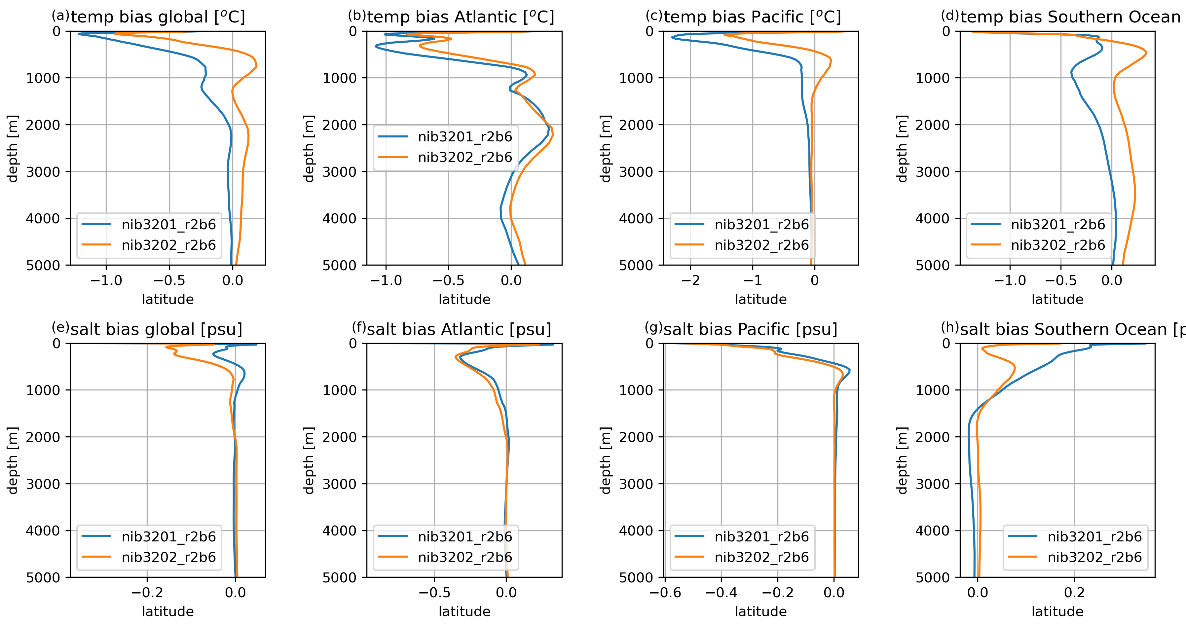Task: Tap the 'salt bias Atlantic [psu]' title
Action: click(459, 329)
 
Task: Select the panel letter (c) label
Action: click(653, 15)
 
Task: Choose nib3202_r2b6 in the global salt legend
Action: click(168, 557)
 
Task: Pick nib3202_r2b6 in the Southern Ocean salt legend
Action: click(1094, 557)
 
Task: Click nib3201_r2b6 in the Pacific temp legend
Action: click(761, 225)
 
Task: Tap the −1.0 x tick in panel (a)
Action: click(106, 280)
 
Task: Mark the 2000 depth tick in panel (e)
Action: click(43, 437)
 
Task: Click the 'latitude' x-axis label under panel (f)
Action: click(464, 611)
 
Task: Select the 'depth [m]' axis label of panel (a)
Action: click(13, 148)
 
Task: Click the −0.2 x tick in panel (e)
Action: click(147, 593)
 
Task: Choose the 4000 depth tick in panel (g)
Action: click(636, 531)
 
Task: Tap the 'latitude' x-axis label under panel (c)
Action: click(760, 299)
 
